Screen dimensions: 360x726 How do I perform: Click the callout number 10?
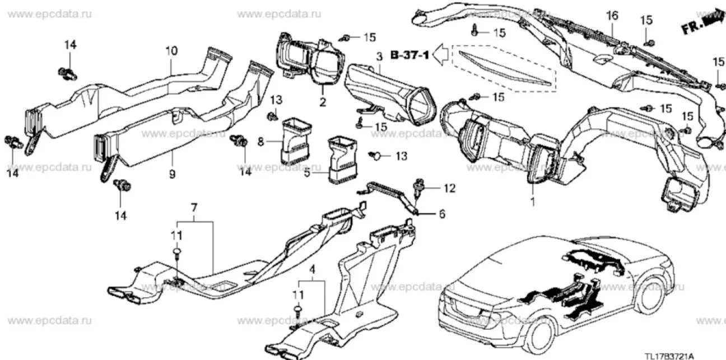(x=171, y=51)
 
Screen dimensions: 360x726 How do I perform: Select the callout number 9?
(x=172, y=174)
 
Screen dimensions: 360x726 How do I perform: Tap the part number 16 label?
(x=612, y=15)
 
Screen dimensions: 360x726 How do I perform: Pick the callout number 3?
(x=379, y=56)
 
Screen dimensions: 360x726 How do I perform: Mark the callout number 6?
(x=442, y=214)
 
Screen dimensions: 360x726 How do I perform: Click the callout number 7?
(x=194, y=208)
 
